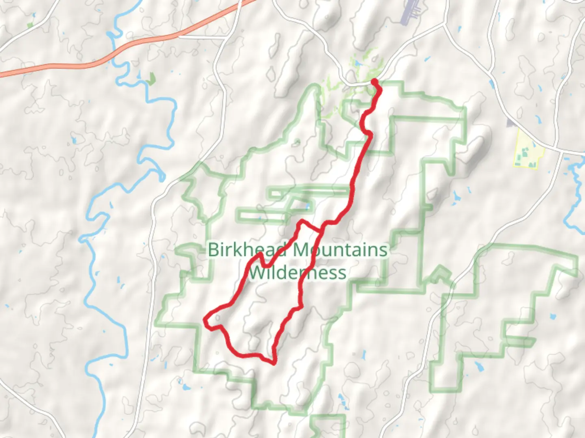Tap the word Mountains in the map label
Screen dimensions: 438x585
(x=340, y=250)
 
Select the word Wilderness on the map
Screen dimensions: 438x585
(x=297, y=272)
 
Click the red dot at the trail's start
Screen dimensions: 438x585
(x=375, y=82)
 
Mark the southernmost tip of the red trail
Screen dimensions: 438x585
(x=274, y=362)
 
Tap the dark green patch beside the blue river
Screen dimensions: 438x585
(x=152, y=78)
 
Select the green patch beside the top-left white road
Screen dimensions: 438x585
(x=30, y=25)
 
